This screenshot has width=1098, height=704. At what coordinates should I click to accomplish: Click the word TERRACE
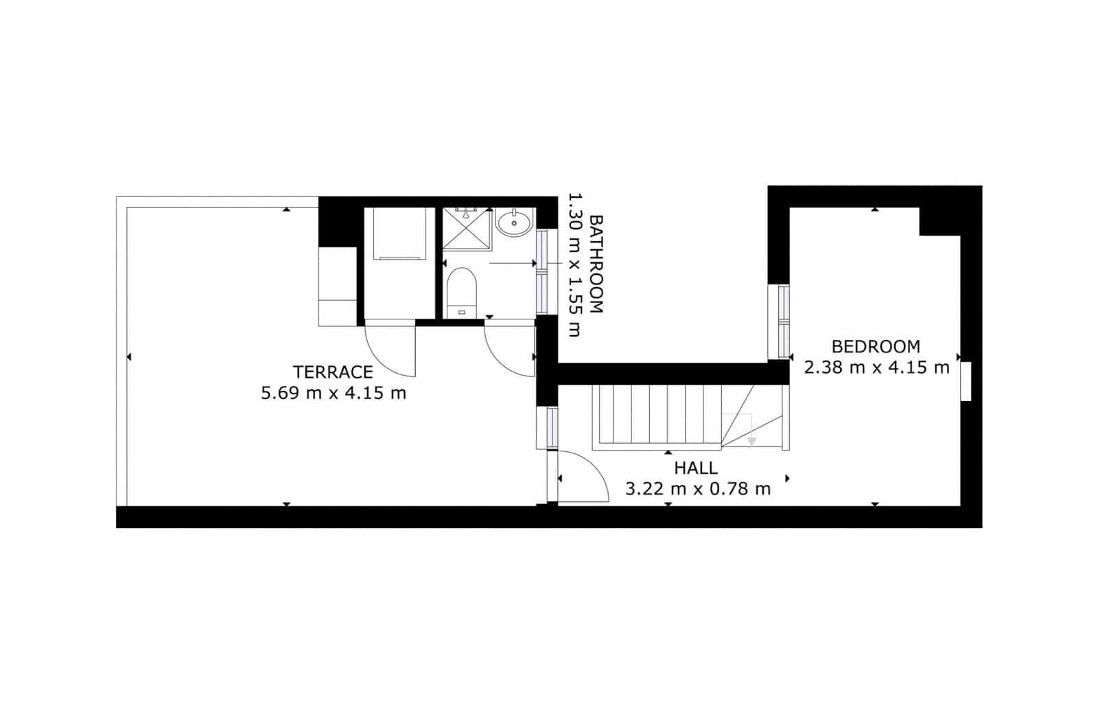click(333, 372)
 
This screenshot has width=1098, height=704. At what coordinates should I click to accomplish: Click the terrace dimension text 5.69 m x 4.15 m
click(334, 394)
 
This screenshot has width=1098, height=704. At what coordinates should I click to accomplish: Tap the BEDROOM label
click(876, 346)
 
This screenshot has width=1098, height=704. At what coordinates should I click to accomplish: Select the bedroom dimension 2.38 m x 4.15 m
click(876, 367)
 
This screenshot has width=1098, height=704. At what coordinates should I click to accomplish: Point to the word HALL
click(696, 468)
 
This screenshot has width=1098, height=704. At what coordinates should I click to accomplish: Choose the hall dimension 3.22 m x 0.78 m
click(698, 489)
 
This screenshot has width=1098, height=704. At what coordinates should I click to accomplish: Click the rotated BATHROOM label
click(596, 264)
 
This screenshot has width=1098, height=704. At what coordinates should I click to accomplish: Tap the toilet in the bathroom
click(462, 292)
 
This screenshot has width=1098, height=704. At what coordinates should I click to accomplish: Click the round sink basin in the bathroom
click(514, 222)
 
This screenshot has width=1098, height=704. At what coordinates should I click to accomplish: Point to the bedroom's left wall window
click(783, 321)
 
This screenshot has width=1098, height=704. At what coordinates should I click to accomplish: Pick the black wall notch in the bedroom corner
click(939, 221)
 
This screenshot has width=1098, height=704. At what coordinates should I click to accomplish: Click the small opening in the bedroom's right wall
click(966, 381)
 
